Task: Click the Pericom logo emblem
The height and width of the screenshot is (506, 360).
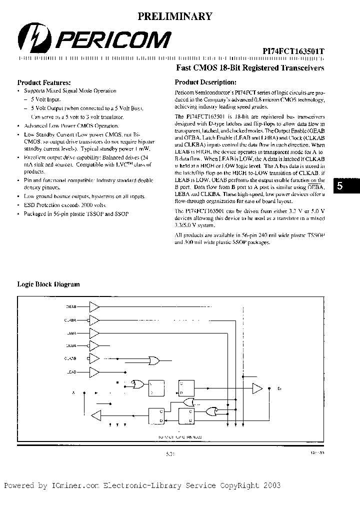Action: click(29, 37)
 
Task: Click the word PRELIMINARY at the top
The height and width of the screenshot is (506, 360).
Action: click(174, 16)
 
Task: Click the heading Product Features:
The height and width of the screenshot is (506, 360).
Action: click(44, 82)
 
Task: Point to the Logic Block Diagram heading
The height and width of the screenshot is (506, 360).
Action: click(48, 284)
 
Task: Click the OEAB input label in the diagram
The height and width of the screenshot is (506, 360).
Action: click(71, 306)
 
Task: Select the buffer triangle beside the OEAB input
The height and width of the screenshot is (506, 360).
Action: click(94, 306)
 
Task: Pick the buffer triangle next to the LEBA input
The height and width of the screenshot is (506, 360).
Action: click(94, 332)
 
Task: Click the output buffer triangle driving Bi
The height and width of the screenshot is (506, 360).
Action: click(257, 387)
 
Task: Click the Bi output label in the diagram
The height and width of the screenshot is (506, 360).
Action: click(279, 387)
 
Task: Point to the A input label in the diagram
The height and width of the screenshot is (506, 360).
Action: click(73, 392)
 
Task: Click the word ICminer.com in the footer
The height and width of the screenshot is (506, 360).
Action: click(62, 485)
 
